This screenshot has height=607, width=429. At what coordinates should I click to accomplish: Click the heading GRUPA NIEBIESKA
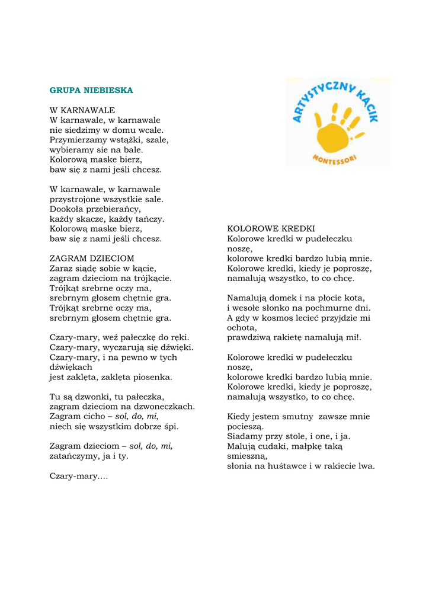[91, 91]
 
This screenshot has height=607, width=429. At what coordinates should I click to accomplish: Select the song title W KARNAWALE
[82, 110]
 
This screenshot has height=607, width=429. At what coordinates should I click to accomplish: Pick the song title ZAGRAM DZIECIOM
[92, 258]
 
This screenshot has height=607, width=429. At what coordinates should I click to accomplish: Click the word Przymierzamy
[77, 140]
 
